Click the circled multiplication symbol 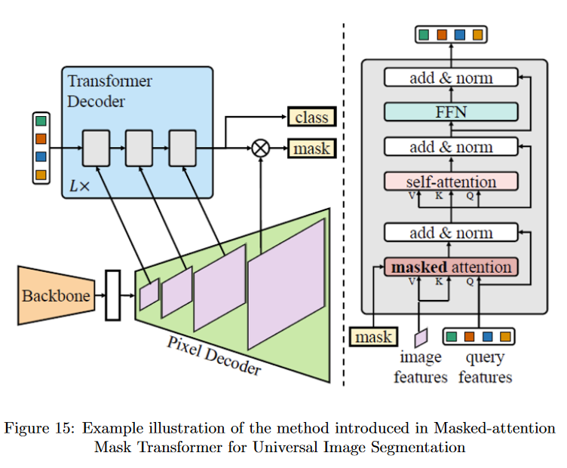coord(260,148)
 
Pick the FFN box coord(451,112)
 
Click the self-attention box coord(451,182)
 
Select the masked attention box coord(451,268)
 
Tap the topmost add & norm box coord(451,78)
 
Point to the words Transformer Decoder coord(109,90)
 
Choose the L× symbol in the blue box coord(79,183)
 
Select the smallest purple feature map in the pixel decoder coord(149,295)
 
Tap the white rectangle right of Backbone coord(113,295)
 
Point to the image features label coord(421,366)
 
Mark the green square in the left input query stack coord(41,121)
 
